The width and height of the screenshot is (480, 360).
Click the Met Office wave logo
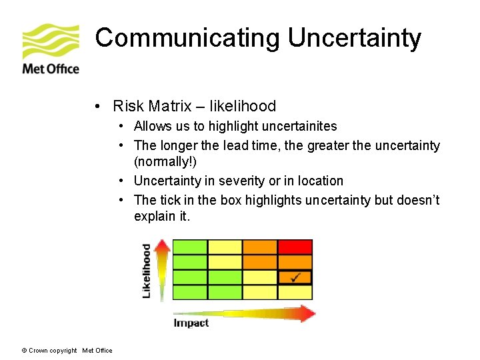coord(51,41)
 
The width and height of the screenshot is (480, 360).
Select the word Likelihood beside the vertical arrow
coord(147,271)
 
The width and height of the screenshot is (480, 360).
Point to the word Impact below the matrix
coord(191,323)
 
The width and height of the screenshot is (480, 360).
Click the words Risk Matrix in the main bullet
coord(152,106)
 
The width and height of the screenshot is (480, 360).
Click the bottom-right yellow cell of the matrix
coord(295,292)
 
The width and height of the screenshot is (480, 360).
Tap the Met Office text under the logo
coord(51,69)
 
